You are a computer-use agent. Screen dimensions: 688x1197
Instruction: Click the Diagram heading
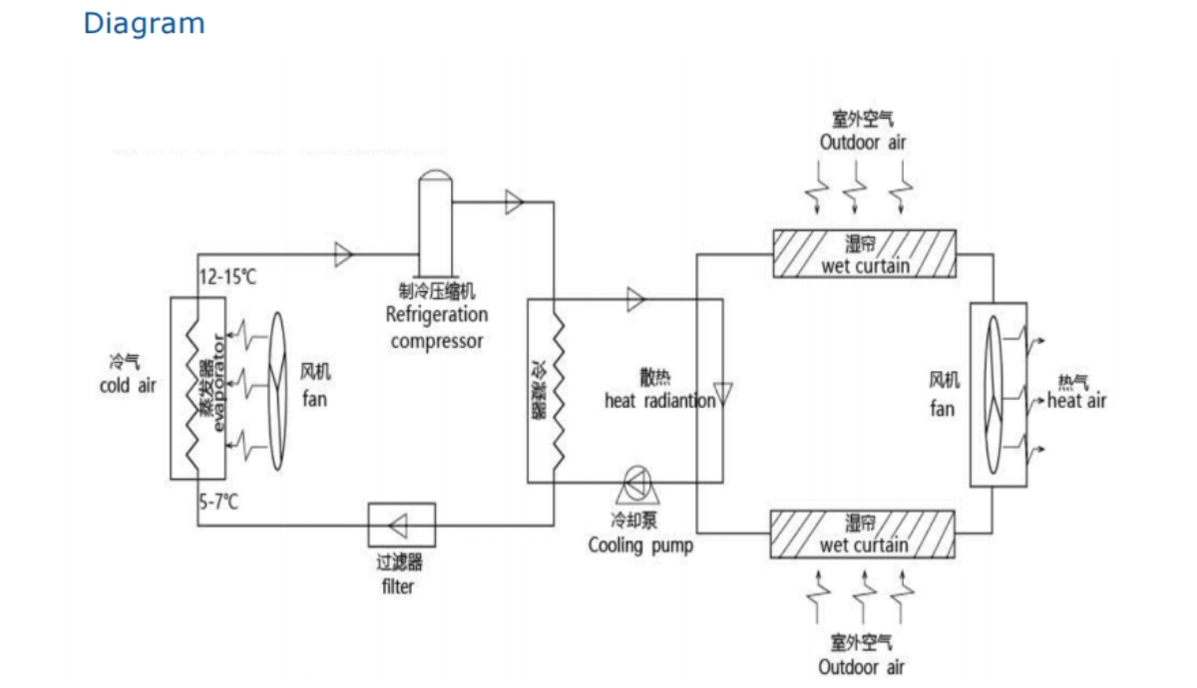click(144, 24)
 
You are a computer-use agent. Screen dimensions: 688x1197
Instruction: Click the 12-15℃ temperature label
click(228, 277)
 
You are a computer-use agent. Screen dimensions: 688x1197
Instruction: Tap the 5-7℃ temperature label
click(219, 501)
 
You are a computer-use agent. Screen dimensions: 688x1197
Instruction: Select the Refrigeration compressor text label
click(437, 328)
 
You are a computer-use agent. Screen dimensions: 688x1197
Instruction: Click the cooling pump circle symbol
click(634, 483)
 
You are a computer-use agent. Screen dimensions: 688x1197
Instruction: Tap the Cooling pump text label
click(640, 545)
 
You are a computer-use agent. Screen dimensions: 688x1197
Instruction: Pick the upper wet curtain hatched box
click(864, 253)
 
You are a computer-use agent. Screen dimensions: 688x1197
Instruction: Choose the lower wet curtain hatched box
click(864, 533)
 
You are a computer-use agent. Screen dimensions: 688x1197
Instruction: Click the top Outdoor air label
click(864, 142)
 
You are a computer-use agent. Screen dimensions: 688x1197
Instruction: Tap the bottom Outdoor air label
click(862, 666)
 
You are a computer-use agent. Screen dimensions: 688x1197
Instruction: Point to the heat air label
click(1077, 401)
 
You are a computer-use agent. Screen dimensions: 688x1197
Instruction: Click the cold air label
click(128, 385)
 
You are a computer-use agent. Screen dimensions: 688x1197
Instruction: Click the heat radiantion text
click(659, 401)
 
